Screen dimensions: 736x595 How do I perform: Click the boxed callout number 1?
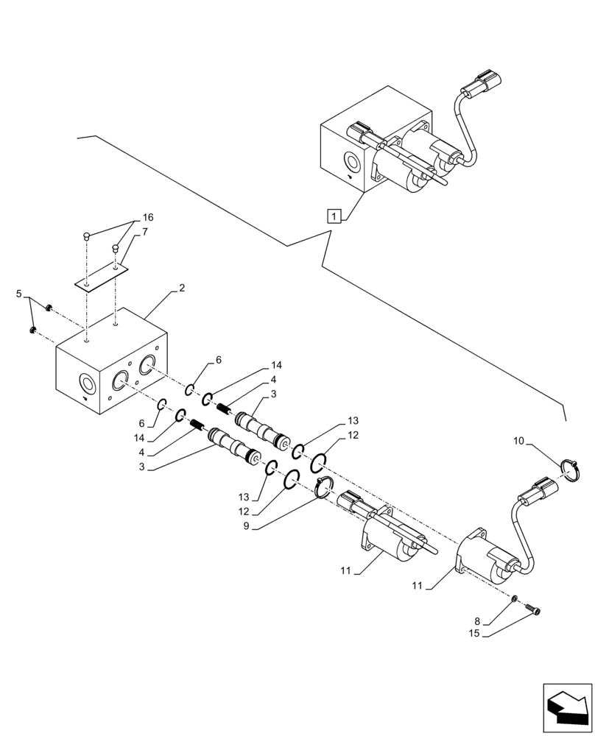(x=334, y=216)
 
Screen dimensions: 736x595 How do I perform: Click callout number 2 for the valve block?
(x=181, y=289)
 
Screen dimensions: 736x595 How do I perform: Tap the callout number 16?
(x=148, y=218)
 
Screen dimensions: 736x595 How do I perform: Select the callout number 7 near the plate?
(x=145, y=232)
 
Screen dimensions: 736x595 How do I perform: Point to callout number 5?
(x=19, y=294)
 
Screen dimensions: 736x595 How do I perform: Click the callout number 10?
(x=518, y=442)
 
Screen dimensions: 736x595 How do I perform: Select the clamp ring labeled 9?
(x=323, y=487)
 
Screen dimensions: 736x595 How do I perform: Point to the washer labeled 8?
(x=515, y=598)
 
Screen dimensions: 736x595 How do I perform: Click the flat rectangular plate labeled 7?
(x=101, y=280)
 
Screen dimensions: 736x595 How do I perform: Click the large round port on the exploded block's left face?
(x=87, y=383)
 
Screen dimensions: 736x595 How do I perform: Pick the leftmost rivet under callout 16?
(x=87, y=236)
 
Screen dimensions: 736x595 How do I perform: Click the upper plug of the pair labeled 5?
(x=49, y=308)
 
